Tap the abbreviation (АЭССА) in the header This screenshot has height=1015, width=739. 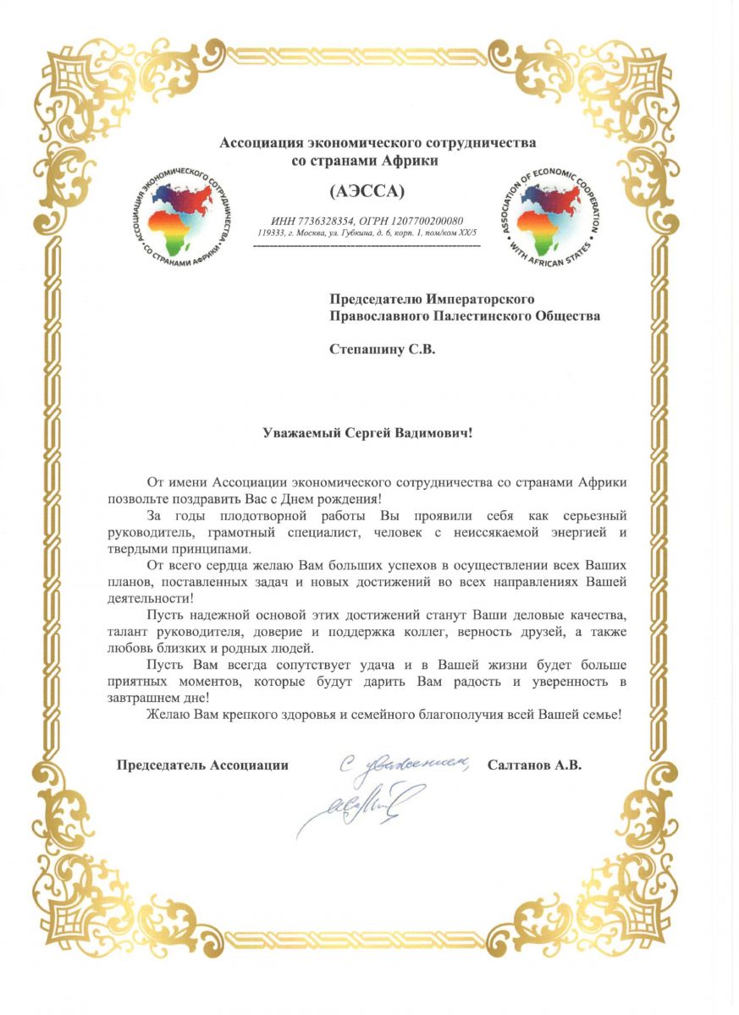[x=366, y=188]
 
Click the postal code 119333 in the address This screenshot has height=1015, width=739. [x=269, y=232]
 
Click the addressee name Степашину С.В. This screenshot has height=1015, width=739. [x=381, y=348]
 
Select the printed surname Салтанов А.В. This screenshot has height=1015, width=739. [x=534, y=765]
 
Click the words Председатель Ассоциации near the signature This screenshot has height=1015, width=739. [x=202, y=765]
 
